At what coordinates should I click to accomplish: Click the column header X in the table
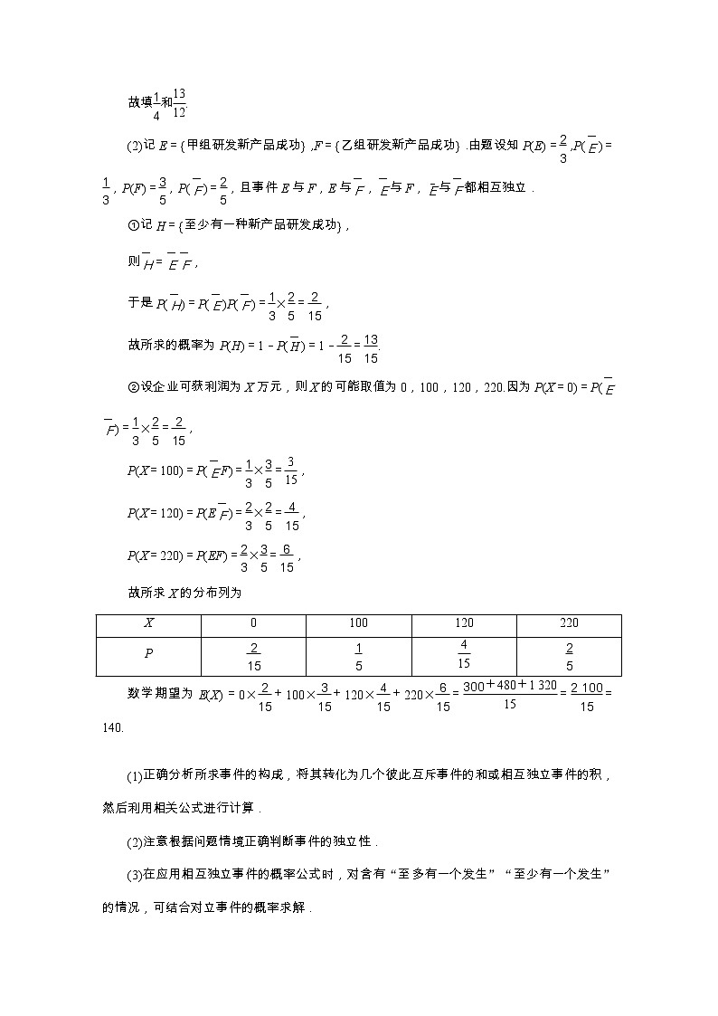[148, 623]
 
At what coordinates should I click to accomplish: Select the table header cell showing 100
[358, 623]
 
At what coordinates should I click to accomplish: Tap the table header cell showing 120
[464, 623]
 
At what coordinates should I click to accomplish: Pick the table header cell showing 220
[569, 623]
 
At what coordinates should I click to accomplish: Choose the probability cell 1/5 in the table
[358, 656]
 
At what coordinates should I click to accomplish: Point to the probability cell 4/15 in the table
[464, 654]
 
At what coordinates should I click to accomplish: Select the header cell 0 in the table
[253, 623]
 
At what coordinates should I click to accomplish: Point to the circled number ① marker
[132, 225]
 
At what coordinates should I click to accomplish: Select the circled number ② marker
[132, 387]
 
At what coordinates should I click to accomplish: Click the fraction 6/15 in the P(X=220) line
[287, 558]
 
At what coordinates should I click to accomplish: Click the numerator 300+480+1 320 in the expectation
[509, 687]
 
